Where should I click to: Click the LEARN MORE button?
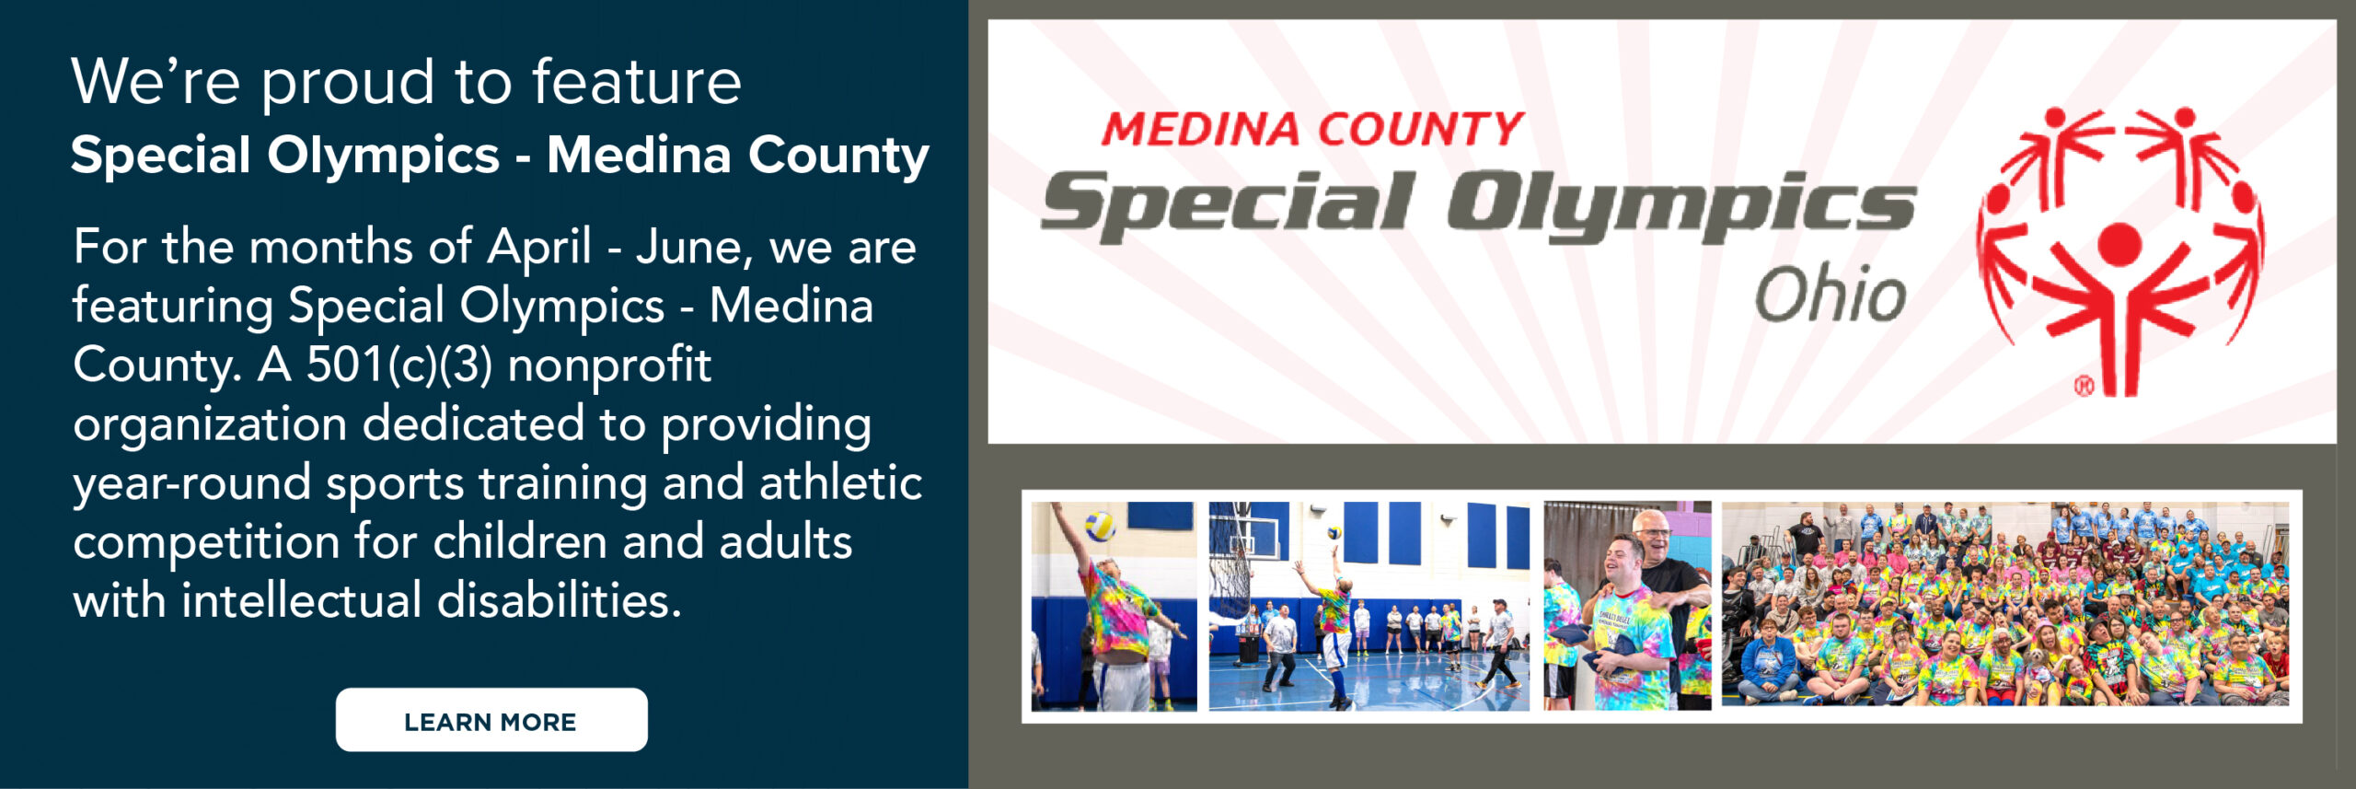(491, 720)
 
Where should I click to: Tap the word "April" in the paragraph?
(538, 247)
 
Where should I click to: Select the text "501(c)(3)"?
(398, 365)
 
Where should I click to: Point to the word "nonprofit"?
(609, 365)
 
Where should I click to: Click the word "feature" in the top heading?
(637, 82)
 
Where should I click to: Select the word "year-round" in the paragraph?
(191, 484)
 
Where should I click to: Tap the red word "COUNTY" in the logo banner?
(1420, 129)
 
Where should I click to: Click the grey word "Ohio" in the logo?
(1830, 295)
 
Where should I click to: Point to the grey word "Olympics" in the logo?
(1680, 204)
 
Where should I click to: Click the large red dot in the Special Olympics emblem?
(2119, 244)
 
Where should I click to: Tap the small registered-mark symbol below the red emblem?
(2084, 387)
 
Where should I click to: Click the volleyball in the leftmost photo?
(1100, 526)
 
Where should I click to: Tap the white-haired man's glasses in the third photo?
(1653, 531)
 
